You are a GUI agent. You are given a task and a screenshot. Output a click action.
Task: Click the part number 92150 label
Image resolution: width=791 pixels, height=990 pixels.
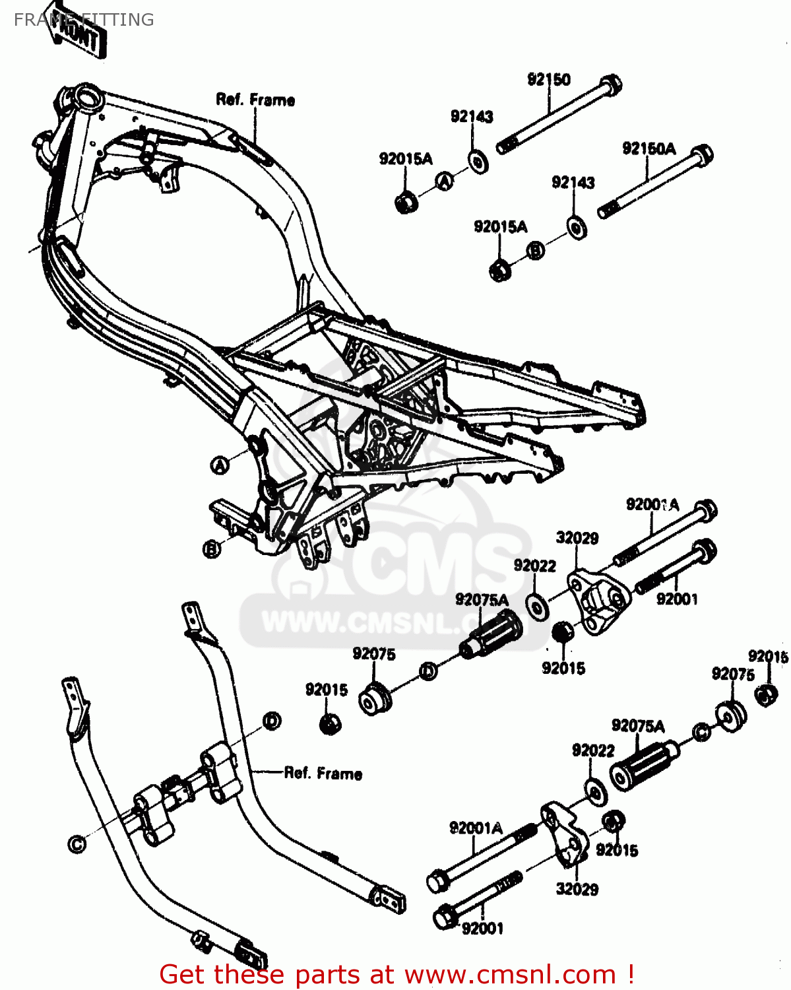tap(548, 79)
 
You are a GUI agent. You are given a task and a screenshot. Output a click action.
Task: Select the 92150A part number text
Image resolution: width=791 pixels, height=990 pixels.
tap(649, 148)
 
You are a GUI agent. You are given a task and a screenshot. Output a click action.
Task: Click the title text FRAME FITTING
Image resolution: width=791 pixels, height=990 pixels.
tap(84, 20)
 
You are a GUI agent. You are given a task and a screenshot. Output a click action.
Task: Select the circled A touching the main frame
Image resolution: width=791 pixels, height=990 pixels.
tap(220, 465)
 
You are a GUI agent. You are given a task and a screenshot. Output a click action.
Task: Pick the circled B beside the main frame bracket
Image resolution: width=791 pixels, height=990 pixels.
tap(212, 548)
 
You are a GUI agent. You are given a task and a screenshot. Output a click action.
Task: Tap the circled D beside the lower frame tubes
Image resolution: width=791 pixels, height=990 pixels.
tap(272, 721)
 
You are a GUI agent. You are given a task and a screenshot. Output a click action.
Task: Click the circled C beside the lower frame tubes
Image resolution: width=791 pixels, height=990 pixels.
tap(77, 844)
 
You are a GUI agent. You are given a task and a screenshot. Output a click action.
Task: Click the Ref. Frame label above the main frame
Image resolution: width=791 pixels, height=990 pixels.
tap(255, 100)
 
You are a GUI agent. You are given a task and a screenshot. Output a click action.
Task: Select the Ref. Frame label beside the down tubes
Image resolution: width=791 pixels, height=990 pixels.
tap(323, 773)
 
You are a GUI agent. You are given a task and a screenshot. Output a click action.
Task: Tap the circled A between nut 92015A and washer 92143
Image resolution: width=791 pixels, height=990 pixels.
tap(445, 181)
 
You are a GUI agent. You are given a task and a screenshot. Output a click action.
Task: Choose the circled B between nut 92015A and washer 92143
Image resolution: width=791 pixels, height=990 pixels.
tap(536, 250)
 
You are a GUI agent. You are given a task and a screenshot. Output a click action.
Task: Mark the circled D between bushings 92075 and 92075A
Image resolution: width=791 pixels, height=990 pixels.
tap(428, 672)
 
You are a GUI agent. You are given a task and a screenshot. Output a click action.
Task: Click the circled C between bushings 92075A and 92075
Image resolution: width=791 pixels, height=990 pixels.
tap(701, 731)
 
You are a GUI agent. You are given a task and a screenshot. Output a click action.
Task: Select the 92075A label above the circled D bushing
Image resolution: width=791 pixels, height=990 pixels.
tap(482, 599)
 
